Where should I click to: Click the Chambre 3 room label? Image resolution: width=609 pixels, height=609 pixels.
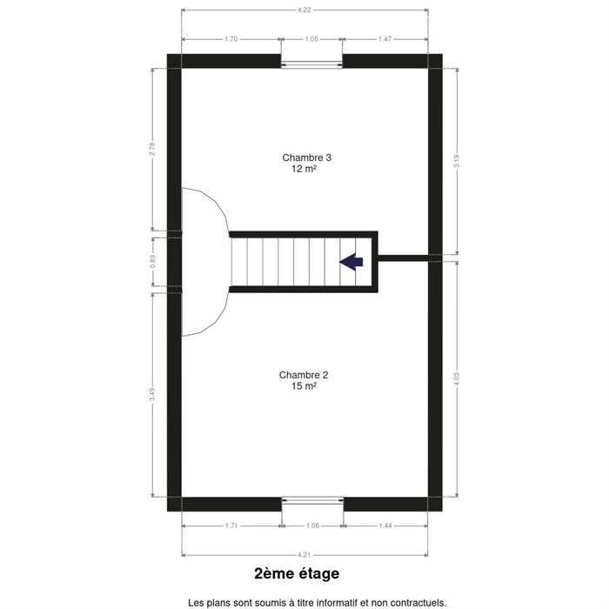[x=306, y=157]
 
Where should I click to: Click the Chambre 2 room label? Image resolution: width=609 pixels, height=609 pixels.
[x=304, y=375]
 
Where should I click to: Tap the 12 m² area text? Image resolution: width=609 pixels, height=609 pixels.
[x=304, y=169]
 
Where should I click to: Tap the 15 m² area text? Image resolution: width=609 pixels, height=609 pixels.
[x=304, y=386]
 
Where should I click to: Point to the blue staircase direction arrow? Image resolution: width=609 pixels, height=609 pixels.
[x=351, y=262]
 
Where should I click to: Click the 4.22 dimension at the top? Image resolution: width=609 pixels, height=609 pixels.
[x=304, y=10]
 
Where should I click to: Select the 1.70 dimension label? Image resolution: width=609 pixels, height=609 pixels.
[x=231, y=39]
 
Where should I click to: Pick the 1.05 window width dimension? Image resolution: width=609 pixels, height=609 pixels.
[x=311, y=39]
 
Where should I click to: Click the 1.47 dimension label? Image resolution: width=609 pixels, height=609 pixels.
[x=385, y=39]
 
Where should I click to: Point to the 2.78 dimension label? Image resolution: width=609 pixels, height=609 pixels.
[x=152, y=149]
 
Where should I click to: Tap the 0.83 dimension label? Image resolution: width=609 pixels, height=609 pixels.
[x=152, y=261]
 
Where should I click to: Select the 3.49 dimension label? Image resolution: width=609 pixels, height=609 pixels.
[x=152, y=395]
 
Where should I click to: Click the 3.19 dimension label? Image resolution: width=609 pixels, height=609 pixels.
[x=457, y=161]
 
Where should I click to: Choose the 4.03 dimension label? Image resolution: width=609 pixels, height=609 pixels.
[x=457, y=379]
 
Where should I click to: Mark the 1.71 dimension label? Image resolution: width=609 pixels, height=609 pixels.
[x=231, y=525]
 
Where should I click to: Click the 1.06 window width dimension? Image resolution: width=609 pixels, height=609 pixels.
[x=312, y=525]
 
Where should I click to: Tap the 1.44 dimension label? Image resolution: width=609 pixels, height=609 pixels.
[x=385, y=525]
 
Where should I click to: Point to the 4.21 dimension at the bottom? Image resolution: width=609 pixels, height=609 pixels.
[x=304, y=555]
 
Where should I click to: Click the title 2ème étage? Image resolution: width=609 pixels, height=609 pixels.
[x=297, y=573]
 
